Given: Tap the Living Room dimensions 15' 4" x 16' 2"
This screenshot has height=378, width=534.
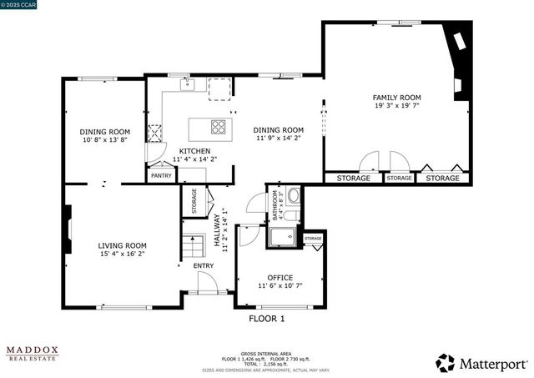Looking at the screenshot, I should (x=123, y=254).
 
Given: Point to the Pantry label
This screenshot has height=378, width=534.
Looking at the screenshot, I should (x=161, y=176).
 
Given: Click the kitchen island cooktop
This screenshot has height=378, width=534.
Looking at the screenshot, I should (x=219, y=128).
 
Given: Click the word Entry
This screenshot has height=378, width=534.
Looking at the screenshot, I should (x=204, y=266).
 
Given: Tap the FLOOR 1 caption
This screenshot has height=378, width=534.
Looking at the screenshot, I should (x=267, y=319).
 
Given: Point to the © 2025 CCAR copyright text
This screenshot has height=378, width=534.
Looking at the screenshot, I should (x=21, y=5).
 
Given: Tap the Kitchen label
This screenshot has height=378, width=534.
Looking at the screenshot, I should (x=189, y=151).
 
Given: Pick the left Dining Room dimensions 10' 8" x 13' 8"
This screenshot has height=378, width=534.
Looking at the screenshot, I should (x=105, y=140).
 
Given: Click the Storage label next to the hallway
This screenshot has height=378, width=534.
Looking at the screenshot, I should (x=194, y=200).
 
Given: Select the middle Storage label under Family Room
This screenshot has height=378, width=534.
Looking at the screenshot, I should (x=399, y=178).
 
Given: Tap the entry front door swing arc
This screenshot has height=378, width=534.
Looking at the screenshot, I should (x=209, y=282).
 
